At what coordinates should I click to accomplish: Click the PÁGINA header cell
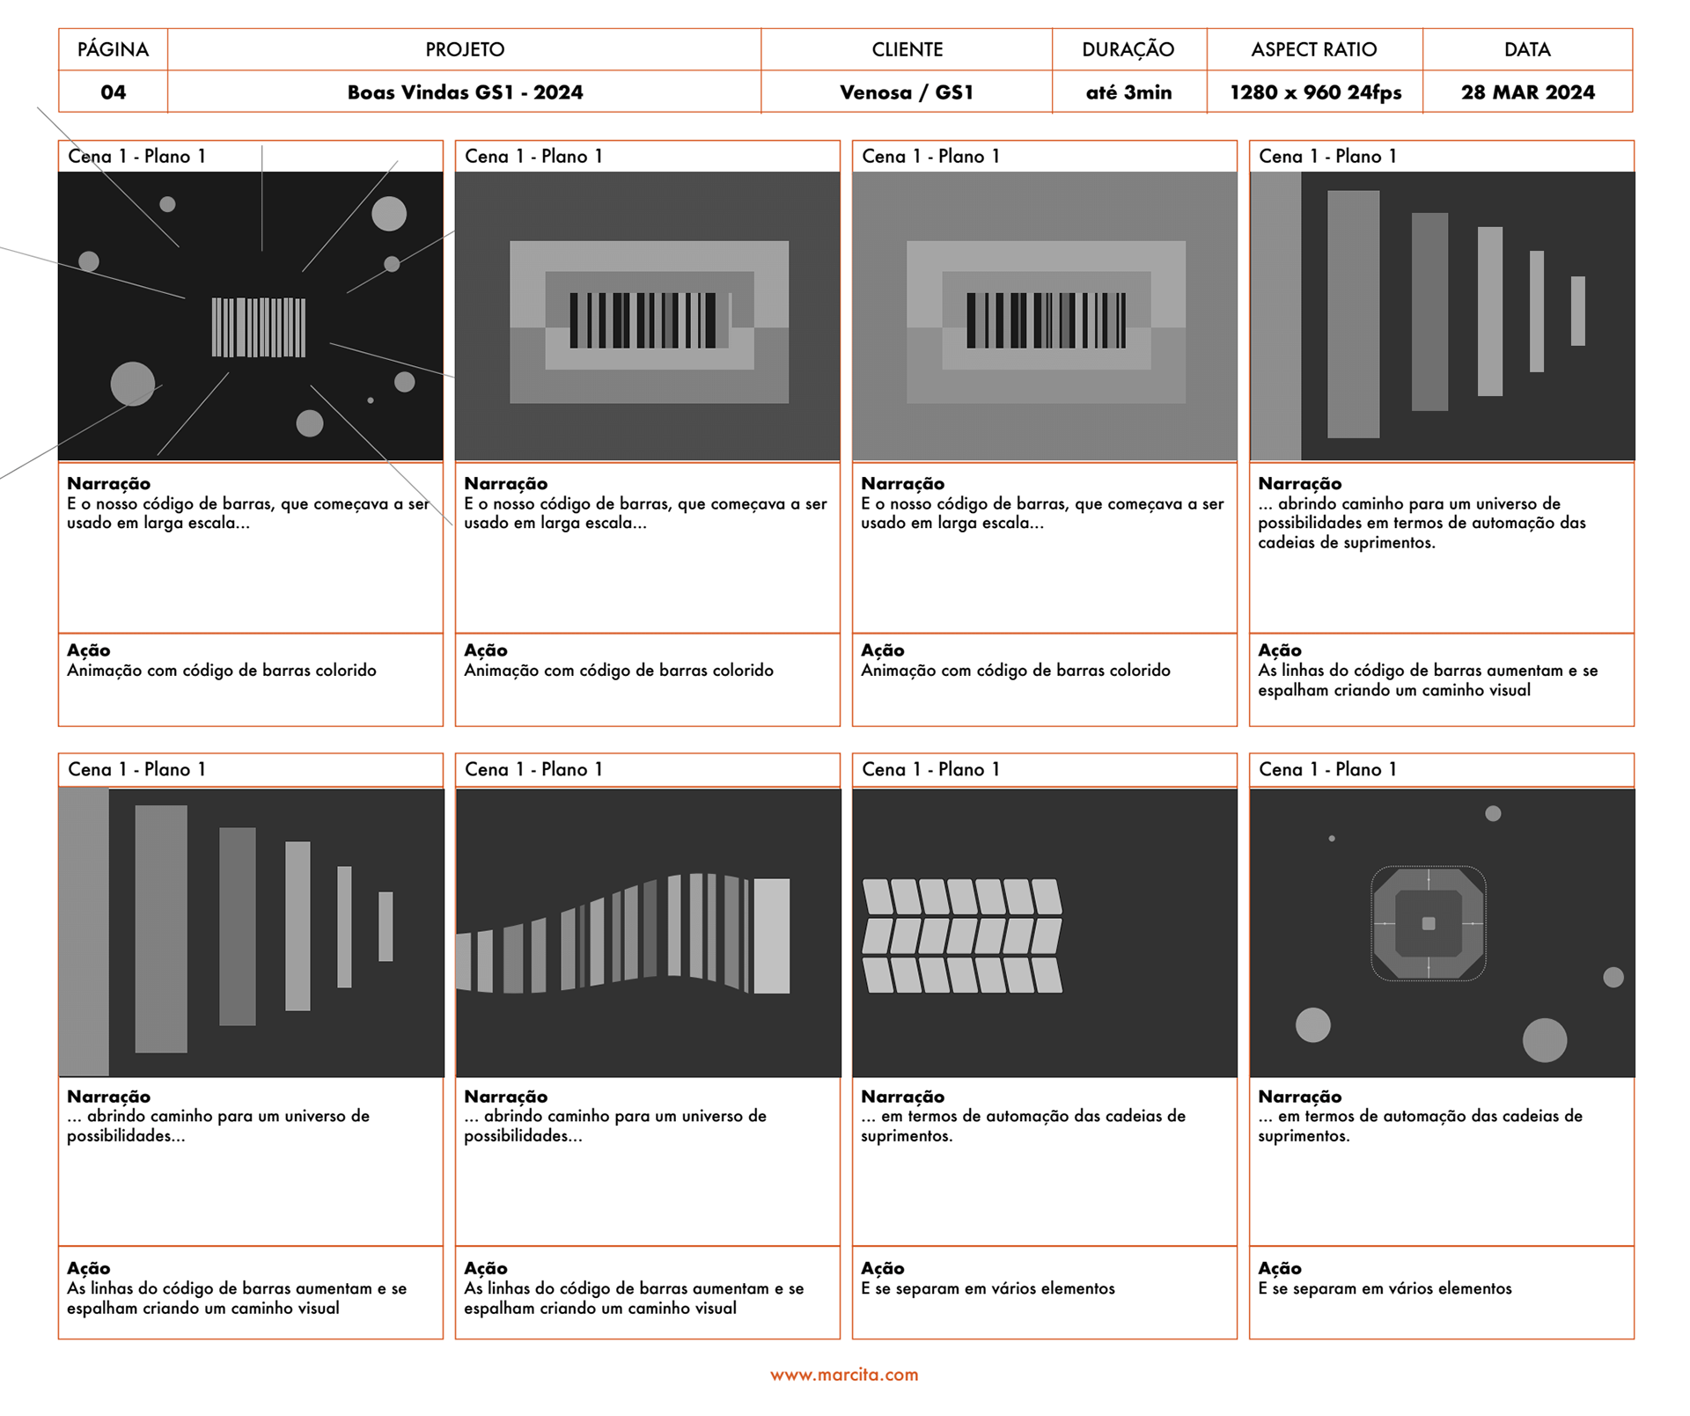pos(113,49)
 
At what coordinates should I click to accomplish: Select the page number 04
pos(113,92)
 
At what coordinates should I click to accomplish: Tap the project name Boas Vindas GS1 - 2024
pos(465,92)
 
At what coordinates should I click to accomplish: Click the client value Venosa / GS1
pos(907,92)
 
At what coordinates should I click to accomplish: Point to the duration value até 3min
pos(1128,92)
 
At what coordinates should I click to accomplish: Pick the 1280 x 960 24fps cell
pos(1315,92)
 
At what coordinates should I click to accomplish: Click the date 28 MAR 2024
pos(1527,92)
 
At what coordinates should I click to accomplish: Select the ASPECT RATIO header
pos(1314,49)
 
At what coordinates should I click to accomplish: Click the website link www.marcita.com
pos(844,1375)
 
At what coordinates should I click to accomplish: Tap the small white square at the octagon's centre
pos(1429,923)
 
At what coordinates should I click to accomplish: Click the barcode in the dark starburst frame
pos(259,327)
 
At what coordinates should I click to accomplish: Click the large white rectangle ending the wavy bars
pos(772,935)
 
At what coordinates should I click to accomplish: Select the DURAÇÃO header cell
pos(1128,49)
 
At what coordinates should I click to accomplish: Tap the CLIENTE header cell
pos(907,49)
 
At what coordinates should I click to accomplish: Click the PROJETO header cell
pos(465,49)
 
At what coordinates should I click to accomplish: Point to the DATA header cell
pos(1527,49)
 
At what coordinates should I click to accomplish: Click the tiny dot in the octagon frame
pos(1332,839)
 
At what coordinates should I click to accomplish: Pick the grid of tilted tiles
pos(962,935)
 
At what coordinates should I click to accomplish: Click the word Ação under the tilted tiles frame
pos(883,1268)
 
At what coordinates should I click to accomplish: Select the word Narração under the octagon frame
pos(1299,1097)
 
